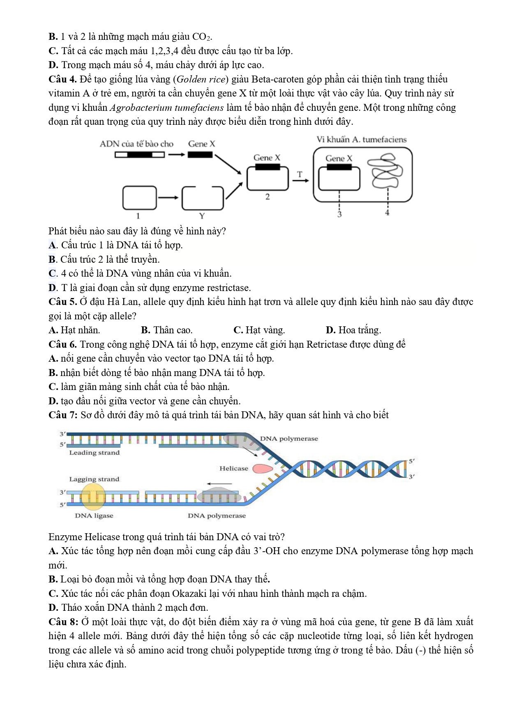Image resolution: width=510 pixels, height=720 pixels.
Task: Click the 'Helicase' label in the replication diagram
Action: pos(233,468)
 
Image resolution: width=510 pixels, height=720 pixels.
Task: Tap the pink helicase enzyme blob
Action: pos(262,468)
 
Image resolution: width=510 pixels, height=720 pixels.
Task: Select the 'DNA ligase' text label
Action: pos(94,516)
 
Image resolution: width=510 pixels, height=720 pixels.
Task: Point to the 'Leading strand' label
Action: pos(94,452)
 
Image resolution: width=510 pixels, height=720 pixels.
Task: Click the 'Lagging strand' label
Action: pos(94,479)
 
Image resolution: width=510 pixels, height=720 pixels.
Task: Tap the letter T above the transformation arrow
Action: pos(300,174)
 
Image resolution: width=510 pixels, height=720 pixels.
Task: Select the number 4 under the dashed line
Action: pos(387,213)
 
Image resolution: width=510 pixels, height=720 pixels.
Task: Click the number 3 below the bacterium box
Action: pos(339,214)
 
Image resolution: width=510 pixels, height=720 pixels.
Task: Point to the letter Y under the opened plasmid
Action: pos(202,216)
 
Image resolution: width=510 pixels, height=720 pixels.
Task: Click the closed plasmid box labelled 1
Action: pos(140,197)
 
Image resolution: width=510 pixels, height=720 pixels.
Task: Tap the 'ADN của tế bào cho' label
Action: pos(136,144)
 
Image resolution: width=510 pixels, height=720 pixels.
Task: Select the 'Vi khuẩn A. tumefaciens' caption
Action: pos(361,140)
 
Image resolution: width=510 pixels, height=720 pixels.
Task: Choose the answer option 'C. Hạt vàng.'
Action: pos(259,330)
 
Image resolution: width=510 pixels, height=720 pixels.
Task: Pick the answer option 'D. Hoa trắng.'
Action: pos(353,330)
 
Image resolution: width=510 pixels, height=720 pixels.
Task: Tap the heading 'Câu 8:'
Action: pos(63,622)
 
